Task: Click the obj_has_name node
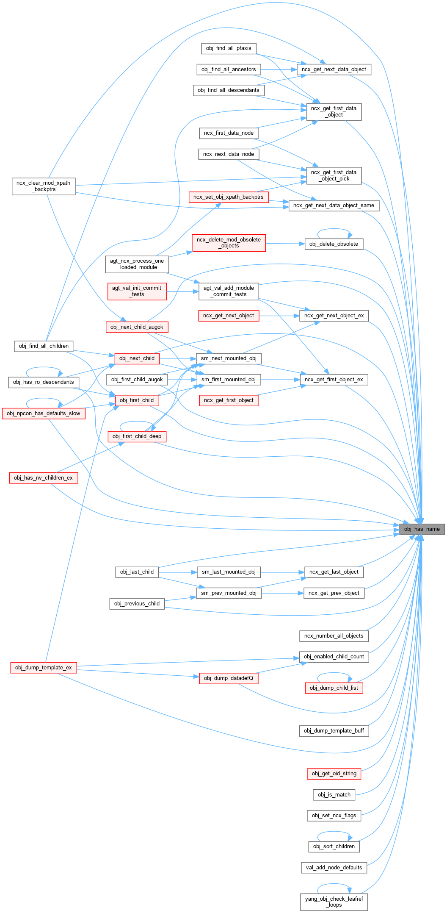(x=422, y=529)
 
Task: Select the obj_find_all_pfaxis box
(x=229, y=48)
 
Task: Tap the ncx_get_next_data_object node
(x=334, y=69)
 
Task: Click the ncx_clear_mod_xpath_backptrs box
(x=44, y=186)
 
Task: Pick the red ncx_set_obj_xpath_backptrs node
(x=229, y=197)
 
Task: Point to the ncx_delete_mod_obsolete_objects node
(x=229, y=243)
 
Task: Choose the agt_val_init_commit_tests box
(x=137, y=291)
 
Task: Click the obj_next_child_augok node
(x=137, y=327)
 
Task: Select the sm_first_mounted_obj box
(x=229, y=380)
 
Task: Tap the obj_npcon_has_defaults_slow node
(x=44, y=413)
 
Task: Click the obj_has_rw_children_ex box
(x=44, y=478)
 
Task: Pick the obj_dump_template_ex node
(x=44, y=668)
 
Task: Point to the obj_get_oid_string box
(x=334, y=774)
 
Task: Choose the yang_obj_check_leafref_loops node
(x=334, y=902)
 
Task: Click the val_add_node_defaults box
(x=334, y=868)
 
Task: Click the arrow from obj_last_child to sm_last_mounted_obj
(x=178, y=572)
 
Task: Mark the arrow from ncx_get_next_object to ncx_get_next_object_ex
(x=279, y=316)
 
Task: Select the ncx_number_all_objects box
(x=334, y=636)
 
